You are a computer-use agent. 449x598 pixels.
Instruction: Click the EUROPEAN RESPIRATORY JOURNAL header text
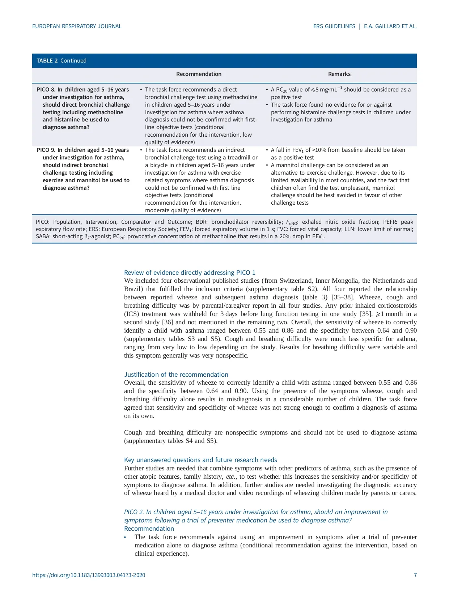(77, 26)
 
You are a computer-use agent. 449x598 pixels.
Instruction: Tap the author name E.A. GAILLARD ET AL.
(390, 26)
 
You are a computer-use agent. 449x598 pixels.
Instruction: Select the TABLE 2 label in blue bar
(47, 61)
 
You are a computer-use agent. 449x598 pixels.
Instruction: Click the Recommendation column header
(199, 74)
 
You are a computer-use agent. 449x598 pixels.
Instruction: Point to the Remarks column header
(339, 74)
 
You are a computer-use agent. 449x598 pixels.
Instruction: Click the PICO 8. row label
(46, 90)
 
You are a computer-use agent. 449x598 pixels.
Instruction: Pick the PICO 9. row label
(46, 150)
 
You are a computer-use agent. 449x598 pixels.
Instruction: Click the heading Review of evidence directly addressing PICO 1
(190, 273)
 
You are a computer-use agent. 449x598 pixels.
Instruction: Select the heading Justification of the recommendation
(176, 375)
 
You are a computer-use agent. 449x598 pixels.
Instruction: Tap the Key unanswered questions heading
(200, 460)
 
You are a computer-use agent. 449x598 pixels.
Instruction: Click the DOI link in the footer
(89, 575)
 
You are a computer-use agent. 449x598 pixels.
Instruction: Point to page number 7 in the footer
(415, 575)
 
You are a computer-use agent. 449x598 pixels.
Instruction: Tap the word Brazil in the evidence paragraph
(132, 289)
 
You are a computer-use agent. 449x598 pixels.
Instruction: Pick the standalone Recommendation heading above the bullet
(149, 529)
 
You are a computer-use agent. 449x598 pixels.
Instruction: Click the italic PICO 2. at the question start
(134, 512)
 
